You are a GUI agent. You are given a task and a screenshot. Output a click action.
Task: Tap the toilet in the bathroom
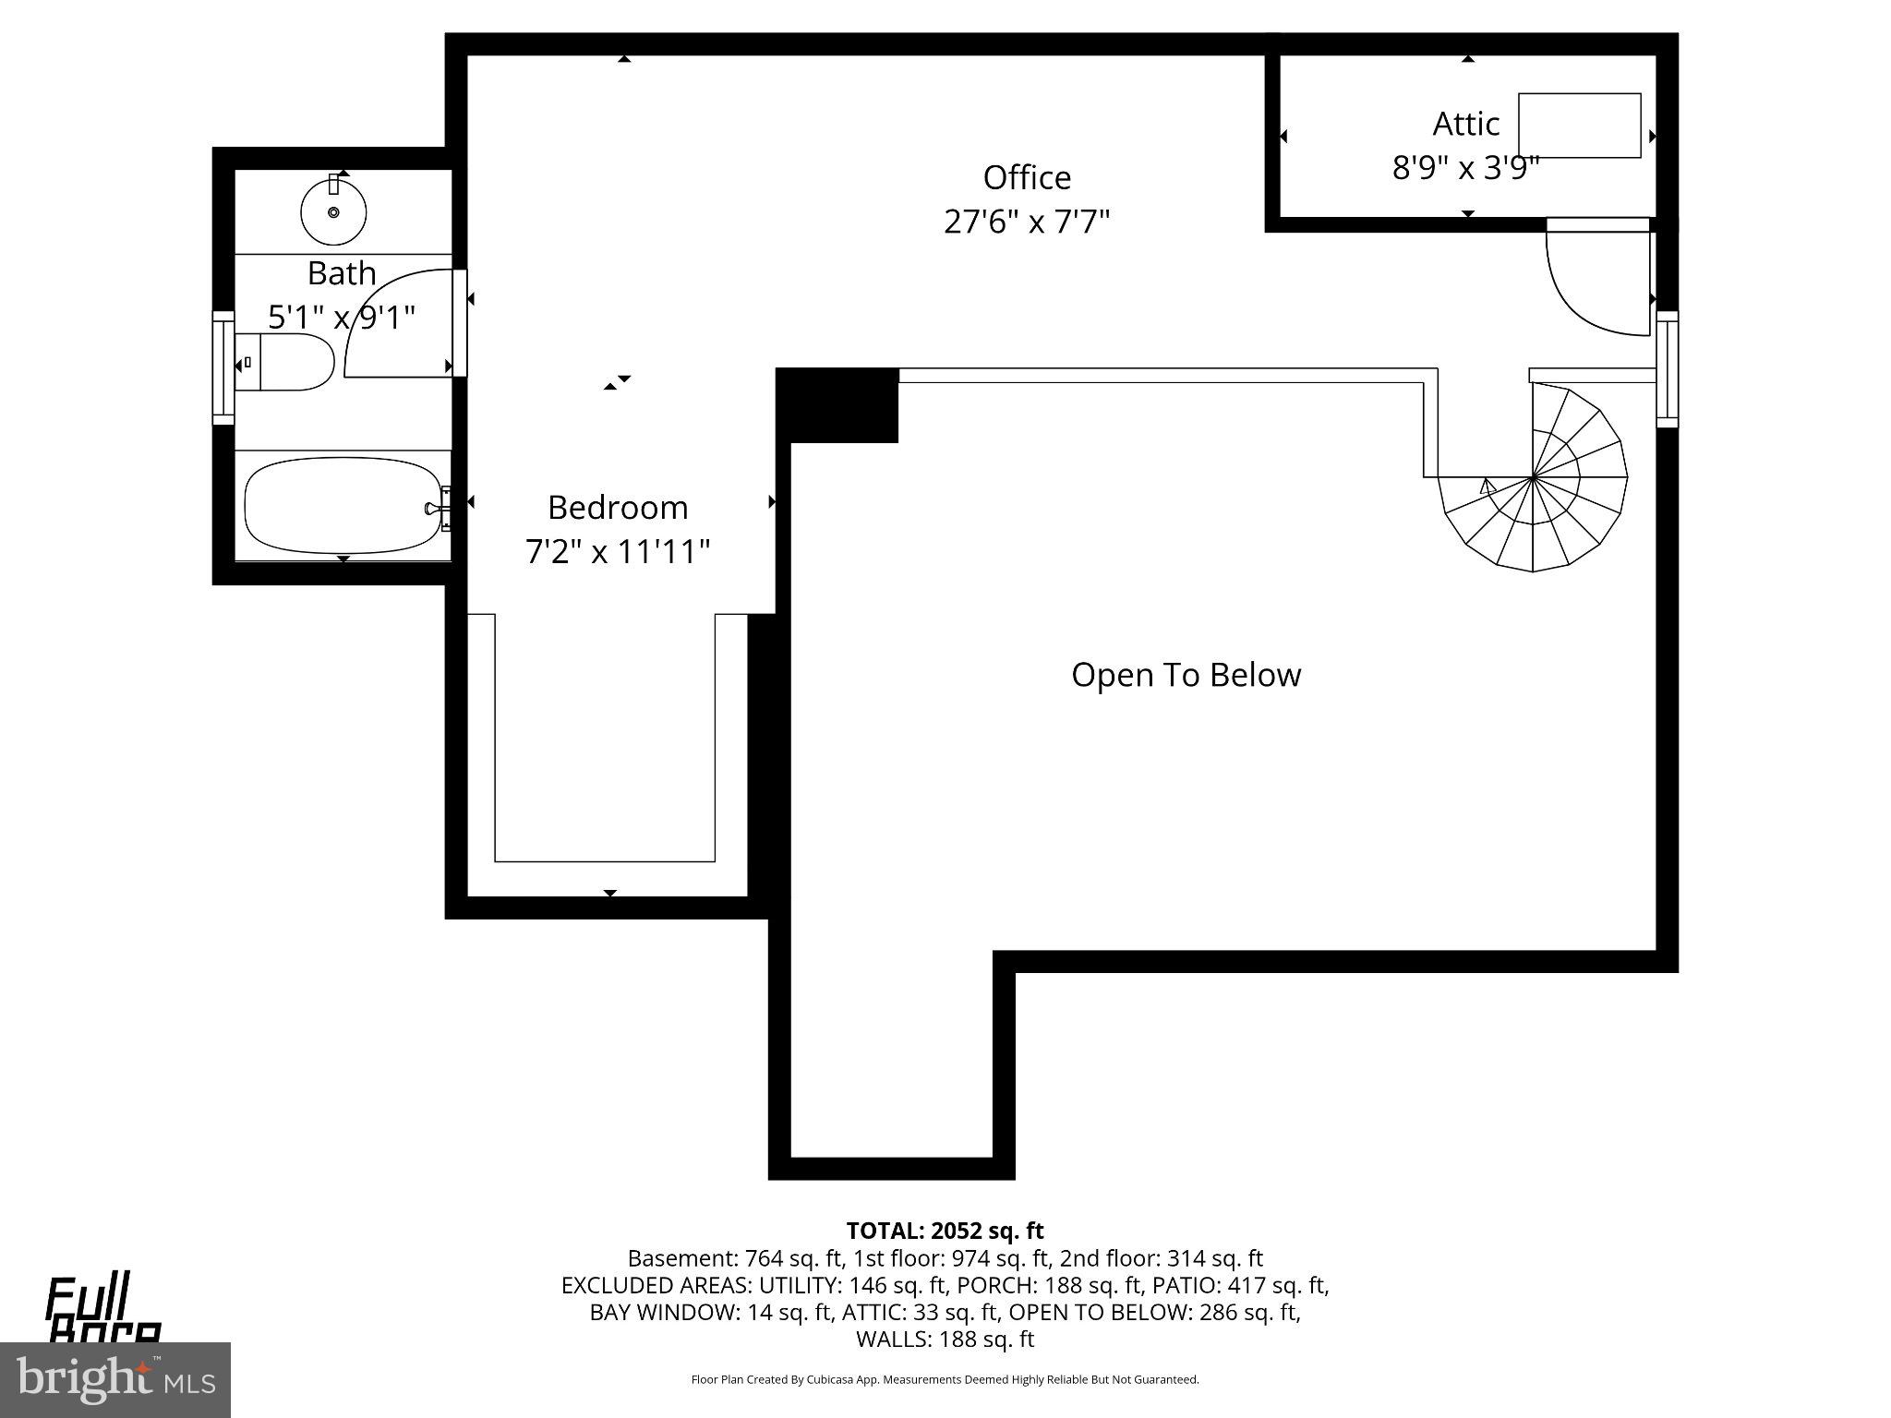pyautogui.click(x=286, y=363)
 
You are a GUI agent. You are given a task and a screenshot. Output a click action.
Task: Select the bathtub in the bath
pyautogui.click(x=342, y=506)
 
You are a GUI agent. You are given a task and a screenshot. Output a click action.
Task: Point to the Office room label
pyautogui.click(x=1027, y=177)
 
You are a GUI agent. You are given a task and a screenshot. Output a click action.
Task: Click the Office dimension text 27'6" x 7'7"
pyautogui.click(x=1027, y=222)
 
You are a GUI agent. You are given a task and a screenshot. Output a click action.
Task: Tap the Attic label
pyautogui.click(x=1465, y=124)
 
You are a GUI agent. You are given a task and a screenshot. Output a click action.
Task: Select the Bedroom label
pyautogui.click(x=618, y=508)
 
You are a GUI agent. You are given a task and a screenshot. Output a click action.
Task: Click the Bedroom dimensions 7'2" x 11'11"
pyautogui.click(x=618, y=552)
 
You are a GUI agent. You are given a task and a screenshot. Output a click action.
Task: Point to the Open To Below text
pyautogui.click(x=1186, y=675)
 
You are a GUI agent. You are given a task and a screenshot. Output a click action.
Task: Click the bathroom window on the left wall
pyautogui.click(x=223, y=367)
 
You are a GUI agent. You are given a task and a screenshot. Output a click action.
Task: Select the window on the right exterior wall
pyautogui.click(x=1667, y=369)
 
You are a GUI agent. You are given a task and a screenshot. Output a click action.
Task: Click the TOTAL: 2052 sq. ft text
pyautogui.click(x=945, y=1231)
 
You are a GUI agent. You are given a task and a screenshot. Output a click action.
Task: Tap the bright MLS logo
pyautogui.click(x=115, y=1379)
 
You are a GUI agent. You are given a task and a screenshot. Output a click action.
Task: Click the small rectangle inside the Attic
pyautogui.click(x=1579, y=126)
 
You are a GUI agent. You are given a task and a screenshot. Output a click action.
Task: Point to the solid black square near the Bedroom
pyautogui.click(x=837, y=405)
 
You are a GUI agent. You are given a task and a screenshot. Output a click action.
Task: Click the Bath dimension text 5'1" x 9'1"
pyautogui.click(x=342, y=318)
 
